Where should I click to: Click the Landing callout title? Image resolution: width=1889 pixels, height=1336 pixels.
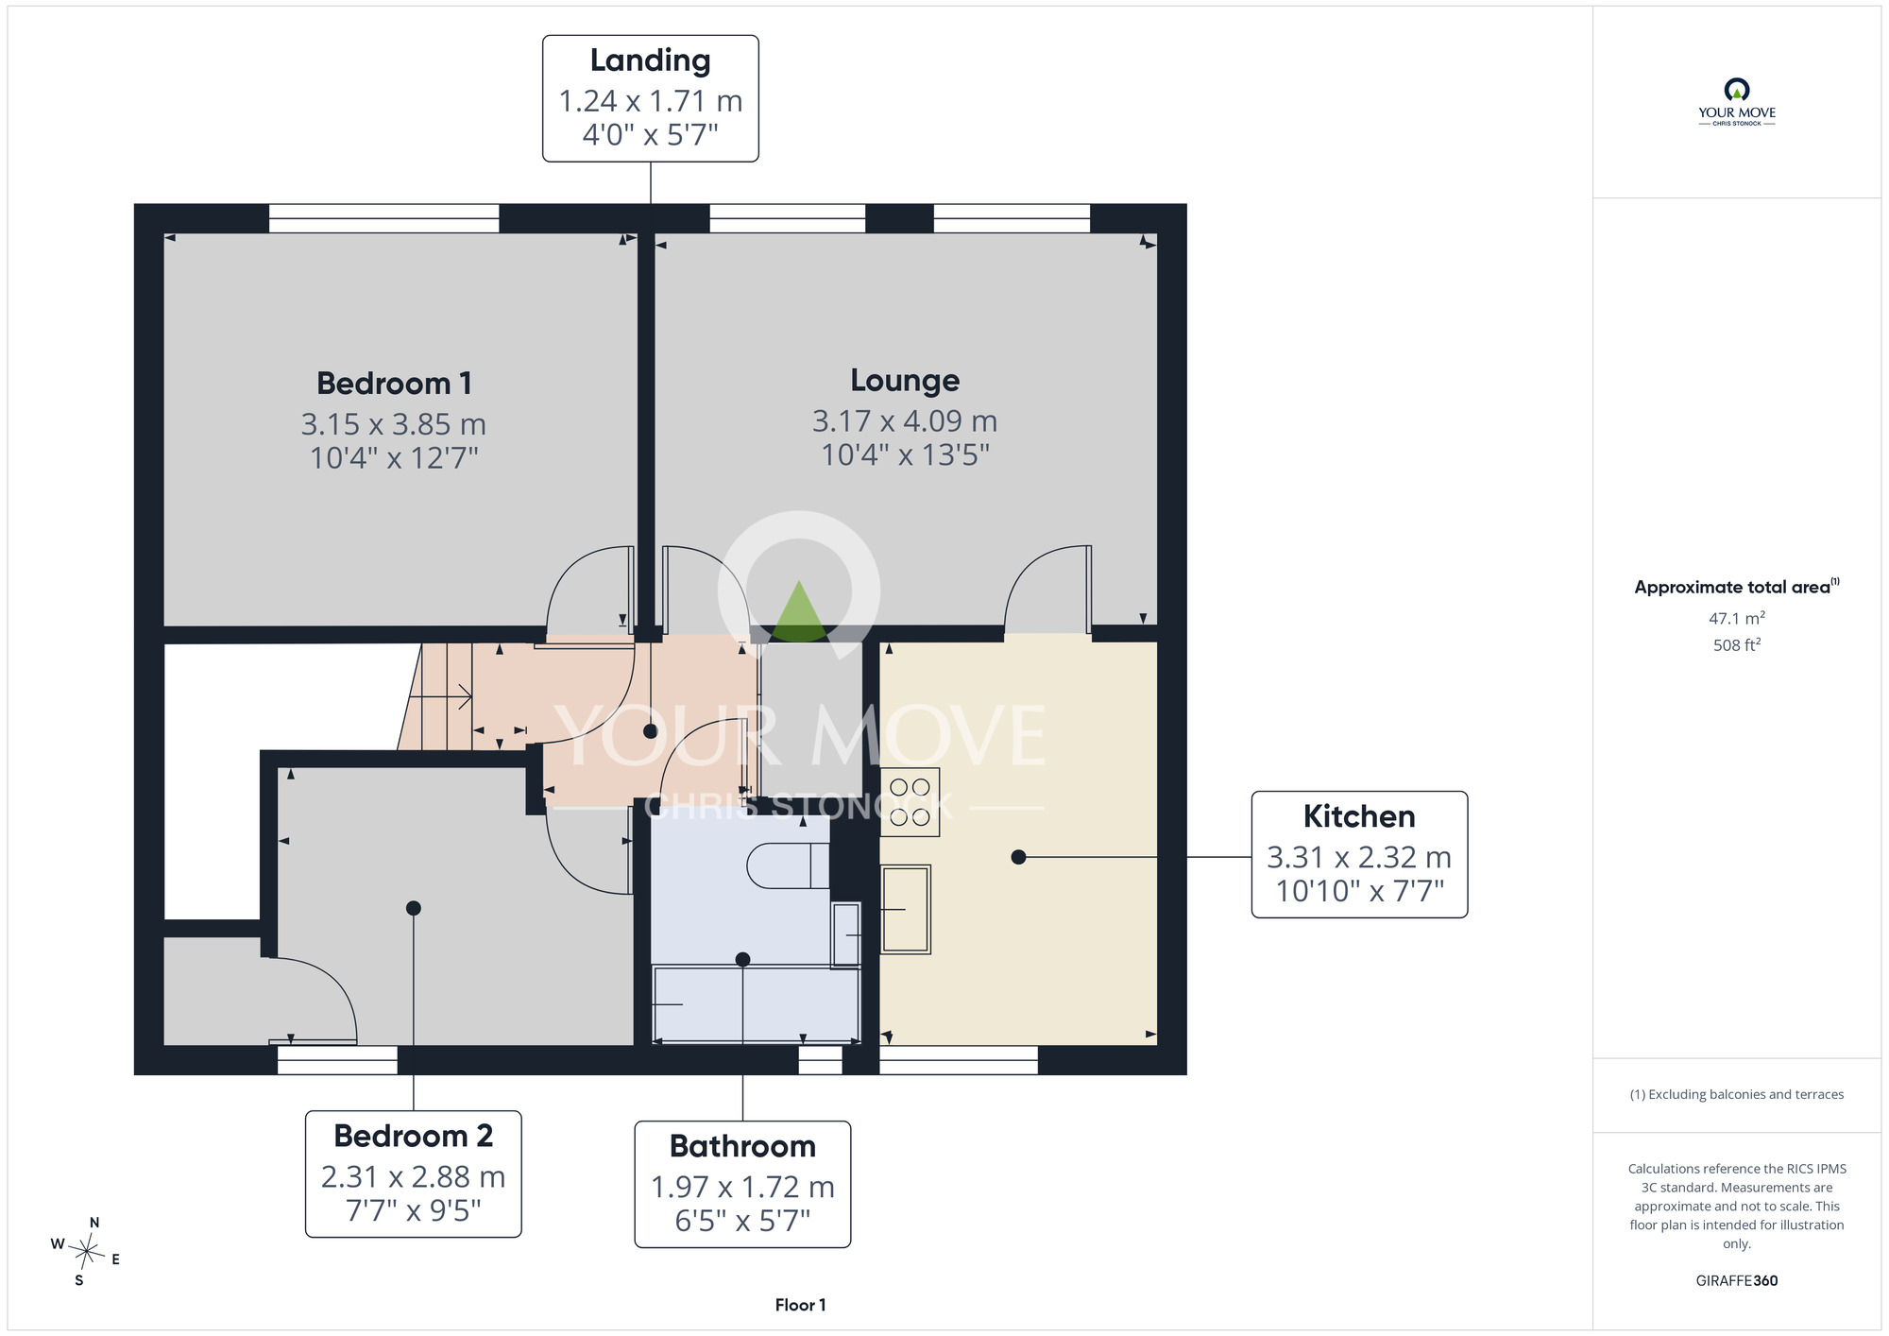[650, 60]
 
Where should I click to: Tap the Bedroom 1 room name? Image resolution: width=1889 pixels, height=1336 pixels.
[394, 384]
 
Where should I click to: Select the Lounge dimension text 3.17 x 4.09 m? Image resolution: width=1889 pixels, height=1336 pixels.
[905, 420]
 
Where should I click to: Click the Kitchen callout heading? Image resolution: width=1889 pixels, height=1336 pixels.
[1359, 816]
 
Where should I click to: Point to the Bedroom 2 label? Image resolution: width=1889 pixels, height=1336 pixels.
[413, 1136]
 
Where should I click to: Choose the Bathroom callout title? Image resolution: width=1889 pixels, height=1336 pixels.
[742, 1146]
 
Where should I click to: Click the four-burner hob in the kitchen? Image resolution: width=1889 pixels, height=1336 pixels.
[910, 802]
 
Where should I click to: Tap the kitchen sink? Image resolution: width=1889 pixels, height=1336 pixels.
[906, 909]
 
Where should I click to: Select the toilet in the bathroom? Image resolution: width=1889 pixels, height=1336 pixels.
[788, 865]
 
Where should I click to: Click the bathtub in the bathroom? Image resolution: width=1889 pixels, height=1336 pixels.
[756, 1003]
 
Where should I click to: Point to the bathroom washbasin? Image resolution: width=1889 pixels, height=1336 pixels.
[846, 935]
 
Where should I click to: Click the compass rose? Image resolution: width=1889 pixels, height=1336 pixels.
[86, 1252]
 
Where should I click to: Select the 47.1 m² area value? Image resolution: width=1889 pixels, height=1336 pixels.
[1737, 618]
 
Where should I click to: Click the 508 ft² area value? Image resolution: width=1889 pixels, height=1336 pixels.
[1737, 645]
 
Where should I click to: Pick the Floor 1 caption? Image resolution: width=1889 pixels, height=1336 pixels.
[800, 1305]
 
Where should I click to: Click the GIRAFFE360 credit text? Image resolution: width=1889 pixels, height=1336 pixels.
[1737, 1281]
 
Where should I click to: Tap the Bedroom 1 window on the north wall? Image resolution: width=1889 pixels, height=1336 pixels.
[384, 218]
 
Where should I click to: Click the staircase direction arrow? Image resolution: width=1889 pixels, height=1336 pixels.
[441, 697]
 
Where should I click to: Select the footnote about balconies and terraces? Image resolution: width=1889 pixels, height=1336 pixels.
[1737, 1094]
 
